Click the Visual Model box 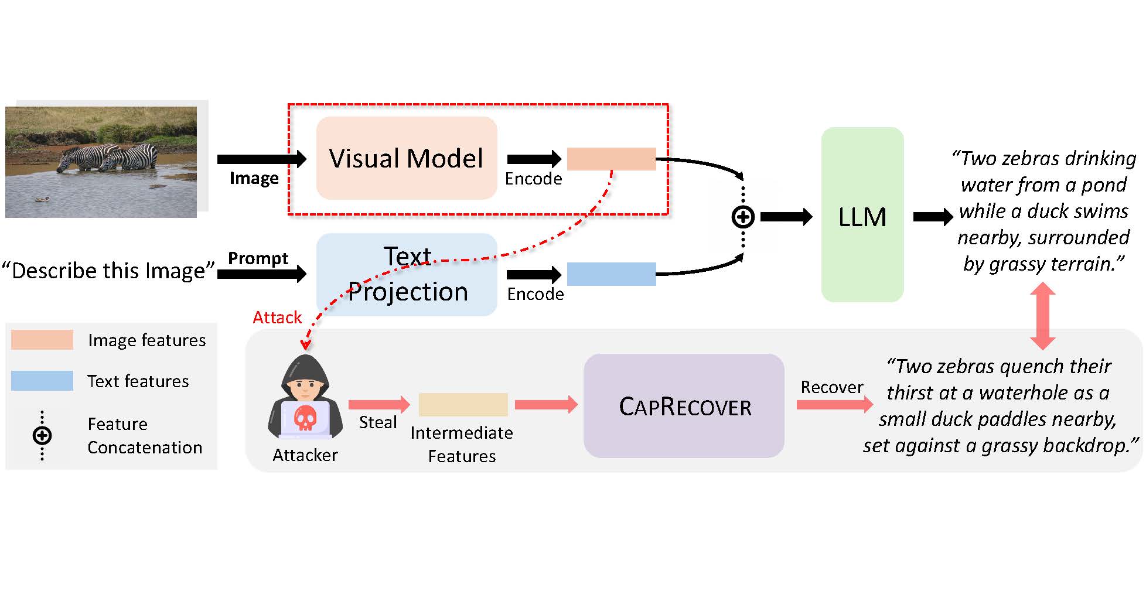point(406,158)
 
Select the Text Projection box point(406,274)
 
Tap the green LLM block point(862,215)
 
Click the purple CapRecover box point(684,406)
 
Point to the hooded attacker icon point(305,398)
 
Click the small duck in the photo point(41,199)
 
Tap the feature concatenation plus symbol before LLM point(743,217)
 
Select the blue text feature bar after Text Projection point(611,274)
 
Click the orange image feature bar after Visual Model point(611,159)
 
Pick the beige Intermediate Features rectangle point(463,405)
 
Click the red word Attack point(277,317)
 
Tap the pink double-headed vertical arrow point(1043,316)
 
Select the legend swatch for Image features point(42,340)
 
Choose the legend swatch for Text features point(42,381)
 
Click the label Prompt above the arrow point(258,258)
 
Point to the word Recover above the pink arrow point(831,387)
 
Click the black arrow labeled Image point(261,159)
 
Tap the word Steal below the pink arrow point(378,422)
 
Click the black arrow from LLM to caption point(933,217)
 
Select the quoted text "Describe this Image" point(108,271)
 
